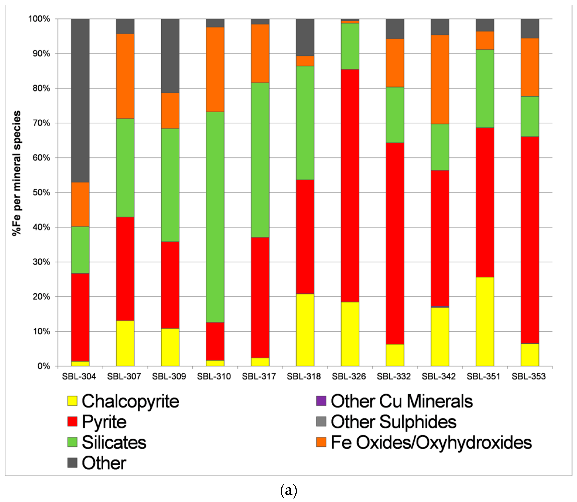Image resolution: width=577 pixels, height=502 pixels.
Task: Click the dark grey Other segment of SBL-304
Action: (x=80, y=101)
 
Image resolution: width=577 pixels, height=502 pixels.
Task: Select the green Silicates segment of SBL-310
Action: (x=215, y=217)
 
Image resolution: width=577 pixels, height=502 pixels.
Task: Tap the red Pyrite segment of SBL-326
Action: (x=350, y=185)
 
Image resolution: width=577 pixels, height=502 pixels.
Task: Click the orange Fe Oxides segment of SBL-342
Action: (x=440, y=79)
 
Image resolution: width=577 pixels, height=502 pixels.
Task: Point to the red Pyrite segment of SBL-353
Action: (x=530, y=240)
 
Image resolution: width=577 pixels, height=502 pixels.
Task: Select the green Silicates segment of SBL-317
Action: (x=260, y=160)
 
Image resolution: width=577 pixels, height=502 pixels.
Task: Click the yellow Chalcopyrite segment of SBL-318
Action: (x=305, y=330)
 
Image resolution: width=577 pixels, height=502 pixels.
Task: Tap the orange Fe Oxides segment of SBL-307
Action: (x=125, y=76)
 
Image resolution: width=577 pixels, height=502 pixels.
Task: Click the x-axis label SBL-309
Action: (x=169, y=376)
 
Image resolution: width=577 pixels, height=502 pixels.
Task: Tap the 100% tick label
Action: (x=39, y=19)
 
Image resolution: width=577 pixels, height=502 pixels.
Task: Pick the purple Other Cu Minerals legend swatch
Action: (x=321, y=401)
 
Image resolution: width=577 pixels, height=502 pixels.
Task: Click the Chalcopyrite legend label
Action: (x=130, y=401)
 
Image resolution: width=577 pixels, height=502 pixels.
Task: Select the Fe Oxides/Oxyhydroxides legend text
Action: (x=431, y=442)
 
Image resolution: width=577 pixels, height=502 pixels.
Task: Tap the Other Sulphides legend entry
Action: (x=393, y=422)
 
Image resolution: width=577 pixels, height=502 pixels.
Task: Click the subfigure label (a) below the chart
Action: (x=288, y=491)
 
